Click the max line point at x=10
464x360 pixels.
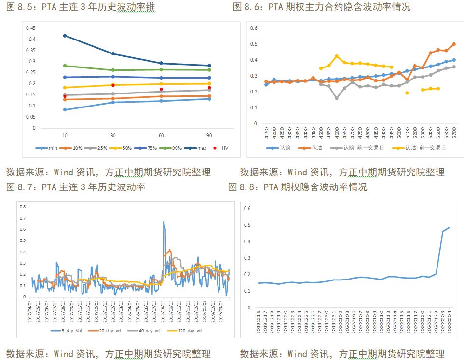click(x=65, y=36)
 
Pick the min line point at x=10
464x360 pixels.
click(x=65, y=110)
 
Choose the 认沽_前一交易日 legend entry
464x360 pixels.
click(x=415, y=148)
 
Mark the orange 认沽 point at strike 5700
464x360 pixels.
click(x=454, y=44)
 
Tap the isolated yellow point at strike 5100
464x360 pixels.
click(x=407, y=93)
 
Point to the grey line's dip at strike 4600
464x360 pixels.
click(x=337, y=98)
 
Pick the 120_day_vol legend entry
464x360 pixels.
click(x=185, y=331)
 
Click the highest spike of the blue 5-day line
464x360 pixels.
click(x=164, y=222)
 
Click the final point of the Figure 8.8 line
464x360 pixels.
click(x=450, y=227)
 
